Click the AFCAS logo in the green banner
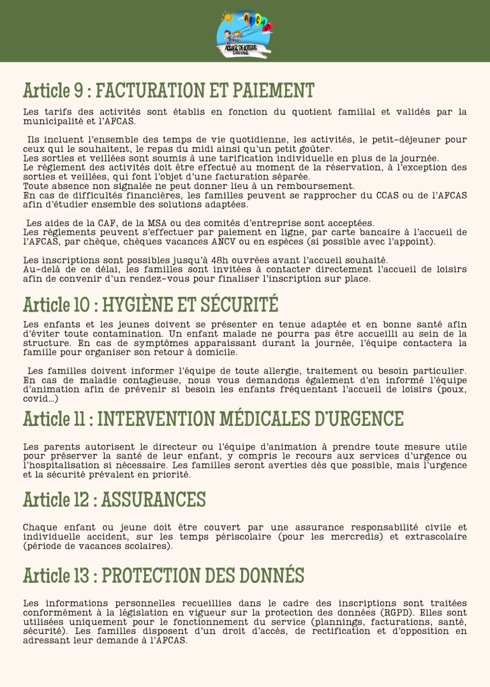(x=244, y=32)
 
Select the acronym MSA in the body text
(x=160, y=223)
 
